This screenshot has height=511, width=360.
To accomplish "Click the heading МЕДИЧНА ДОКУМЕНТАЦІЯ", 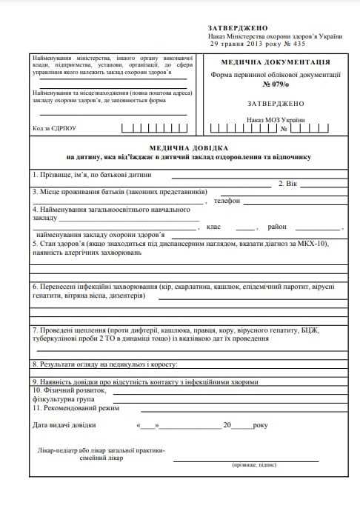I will [275, 62].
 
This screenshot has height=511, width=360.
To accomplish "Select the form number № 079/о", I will [275, 84].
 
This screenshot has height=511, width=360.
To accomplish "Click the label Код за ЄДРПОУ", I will [54, 128].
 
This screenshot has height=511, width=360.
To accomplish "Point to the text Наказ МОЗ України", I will [276, 119].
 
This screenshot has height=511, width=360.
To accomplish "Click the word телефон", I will [227, 201].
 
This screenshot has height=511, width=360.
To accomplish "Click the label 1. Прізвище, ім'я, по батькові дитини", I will [91, 175].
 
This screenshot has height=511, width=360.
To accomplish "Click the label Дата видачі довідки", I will [64, 425].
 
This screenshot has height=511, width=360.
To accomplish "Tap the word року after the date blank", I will [260, 425].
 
